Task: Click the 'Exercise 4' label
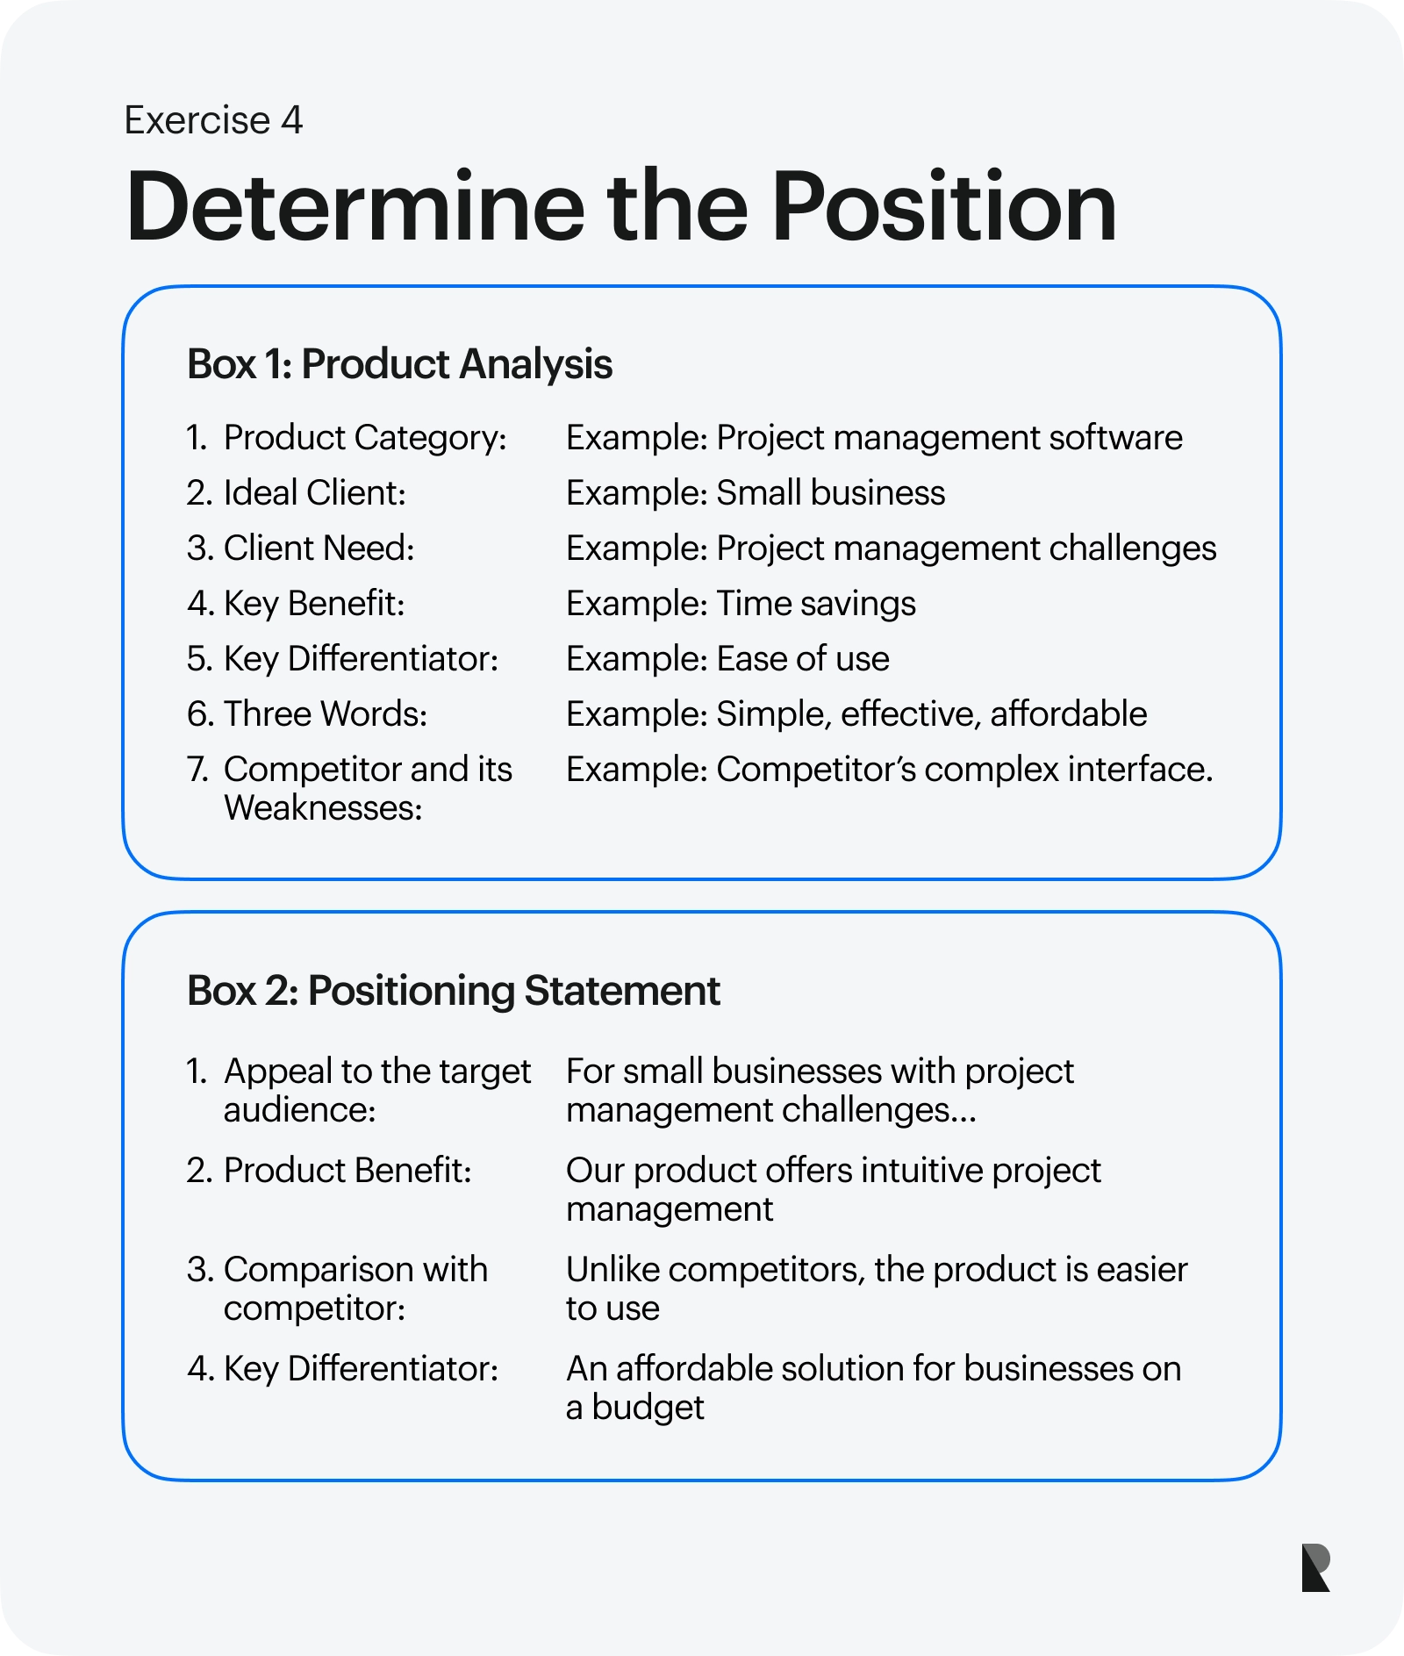pyautogui.click(x=213, y=120)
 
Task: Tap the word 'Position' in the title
pyautogui.click(x=944, y=206)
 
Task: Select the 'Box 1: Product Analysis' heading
pyautogui.click(x=399, y=364)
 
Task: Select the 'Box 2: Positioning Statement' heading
pyautogui.click(x=453, y=991)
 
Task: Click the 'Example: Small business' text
pyautogui.click(x=756, y=493)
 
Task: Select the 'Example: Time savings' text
pyautogui.click(x=741, y=604)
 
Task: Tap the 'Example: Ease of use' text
pyautogui.click(x=727, y=659)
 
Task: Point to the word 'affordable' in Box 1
pyautogui.click(x=1068, y=714)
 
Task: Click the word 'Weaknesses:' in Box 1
pyautogui.click(x=323, y=808)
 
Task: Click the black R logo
pyautogui.click(x=1315, y=1567)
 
